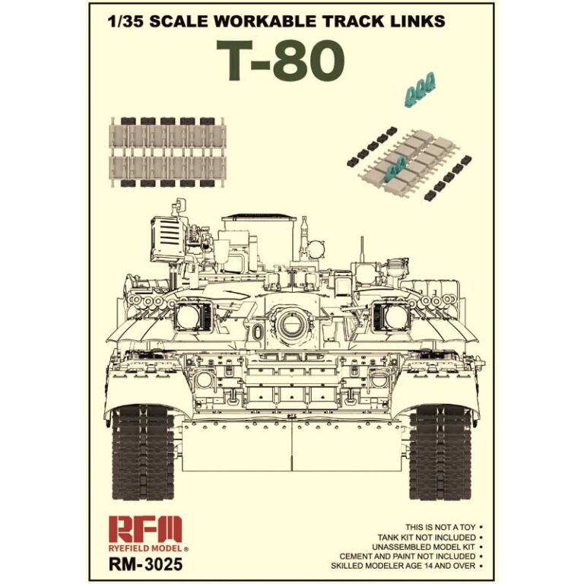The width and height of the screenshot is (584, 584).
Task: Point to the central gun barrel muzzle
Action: [x=291, y=324]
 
